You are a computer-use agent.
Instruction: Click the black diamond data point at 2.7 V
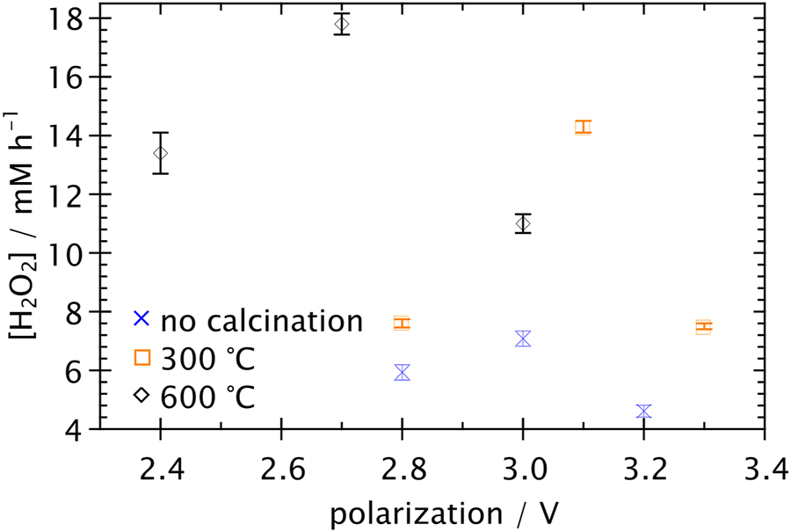click(x=342, y=24)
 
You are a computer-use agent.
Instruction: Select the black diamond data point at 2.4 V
click(x=160, y=153)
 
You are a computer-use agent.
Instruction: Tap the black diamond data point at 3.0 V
click(x=523, y=223)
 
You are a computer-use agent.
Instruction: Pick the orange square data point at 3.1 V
click(x=583, y=127)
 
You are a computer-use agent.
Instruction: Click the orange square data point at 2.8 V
click(x=402, y=323)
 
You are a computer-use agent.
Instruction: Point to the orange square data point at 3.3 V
click(x=703, y=327)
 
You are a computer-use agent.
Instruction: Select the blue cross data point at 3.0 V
click(x=523, y=339)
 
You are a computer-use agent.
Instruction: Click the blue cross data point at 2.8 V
click(x=402, y=372)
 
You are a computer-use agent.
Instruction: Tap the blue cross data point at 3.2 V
click(x=643, y=412)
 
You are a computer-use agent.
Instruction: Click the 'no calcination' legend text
click(x=261, y=321)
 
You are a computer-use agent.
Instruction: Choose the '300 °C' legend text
click(x=207, y=359)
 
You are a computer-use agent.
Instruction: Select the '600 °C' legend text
click(x=207, y=397)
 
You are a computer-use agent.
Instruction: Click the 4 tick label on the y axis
click(x=76, y=429)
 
